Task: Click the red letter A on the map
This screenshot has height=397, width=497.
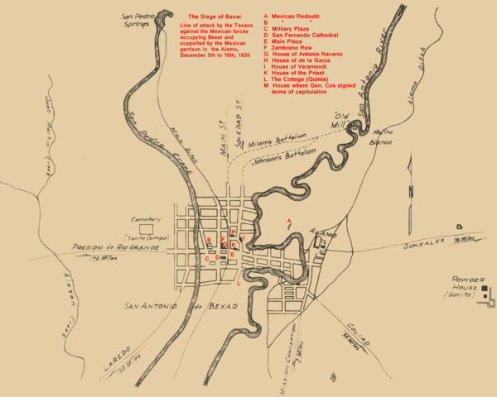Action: click(288, 220)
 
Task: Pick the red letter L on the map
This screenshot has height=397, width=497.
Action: click(239, 284)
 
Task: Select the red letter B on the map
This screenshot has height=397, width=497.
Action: click(210, 241)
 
